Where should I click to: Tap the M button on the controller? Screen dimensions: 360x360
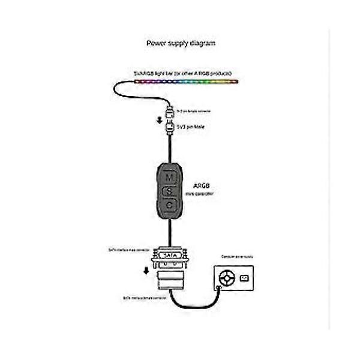tap(169, 178)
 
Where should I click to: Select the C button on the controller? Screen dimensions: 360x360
tap(169, 205)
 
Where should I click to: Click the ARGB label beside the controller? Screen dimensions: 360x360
tap(205, 186)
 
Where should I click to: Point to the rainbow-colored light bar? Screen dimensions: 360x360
tap(186, 80)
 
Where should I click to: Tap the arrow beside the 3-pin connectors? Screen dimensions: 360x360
tap(159, 120)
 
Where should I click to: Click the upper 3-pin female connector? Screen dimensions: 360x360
tap(169, 112)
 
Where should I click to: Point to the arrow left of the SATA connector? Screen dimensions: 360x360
tap(146, 270)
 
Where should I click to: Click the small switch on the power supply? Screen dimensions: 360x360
tap(244, 278)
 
